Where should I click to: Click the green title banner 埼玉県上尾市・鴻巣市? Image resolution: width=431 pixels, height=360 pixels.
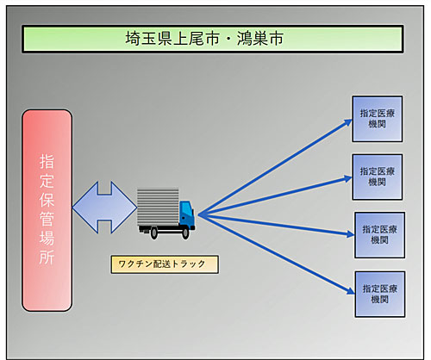[213, 39]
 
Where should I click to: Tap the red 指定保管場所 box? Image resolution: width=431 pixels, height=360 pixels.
[47, 210]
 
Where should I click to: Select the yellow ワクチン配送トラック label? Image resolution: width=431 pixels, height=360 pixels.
[165, 264]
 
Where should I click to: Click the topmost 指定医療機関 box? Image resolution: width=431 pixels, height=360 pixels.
[378, 119]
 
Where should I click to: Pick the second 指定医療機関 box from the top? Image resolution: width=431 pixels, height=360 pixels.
[378, 177]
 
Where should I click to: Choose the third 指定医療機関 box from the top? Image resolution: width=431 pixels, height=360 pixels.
[379, 235]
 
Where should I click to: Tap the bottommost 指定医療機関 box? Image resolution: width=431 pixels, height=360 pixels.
[380, 295]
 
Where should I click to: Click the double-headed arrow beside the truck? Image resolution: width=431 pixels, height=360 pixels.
[104, 208]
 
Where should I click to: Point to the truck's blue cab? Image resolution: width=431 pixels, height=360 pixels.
[187, 214]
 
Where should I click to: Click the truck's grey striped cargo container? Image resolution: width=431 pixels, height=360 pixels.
[158, 207]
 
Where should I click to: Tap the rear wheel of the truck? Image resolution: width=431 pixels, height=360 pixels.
[154, 233]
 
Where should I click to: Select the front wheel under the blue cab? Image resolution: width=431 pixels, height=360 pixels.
[185, 233]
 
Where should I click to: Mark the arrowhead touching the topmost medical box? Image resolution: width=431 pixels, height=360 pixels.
[348, 123]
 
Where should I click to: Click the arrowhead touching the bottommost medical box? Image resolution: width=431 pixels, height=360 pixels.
[350, 290]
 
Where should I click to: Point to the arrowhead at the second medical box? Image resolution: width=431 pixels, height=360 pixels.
[347, 179]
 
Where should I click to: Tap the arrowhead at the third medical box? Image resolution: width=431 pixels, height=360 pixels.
[350, 234]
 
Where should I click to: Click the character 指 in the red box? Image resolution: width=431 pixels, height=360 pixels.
[47, 161]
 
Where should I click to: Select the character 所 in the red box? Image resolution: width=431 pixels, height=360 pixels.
[47, 257]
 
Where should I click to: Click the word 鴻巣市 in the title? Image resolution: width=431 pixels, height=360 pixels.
[260, 39]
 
